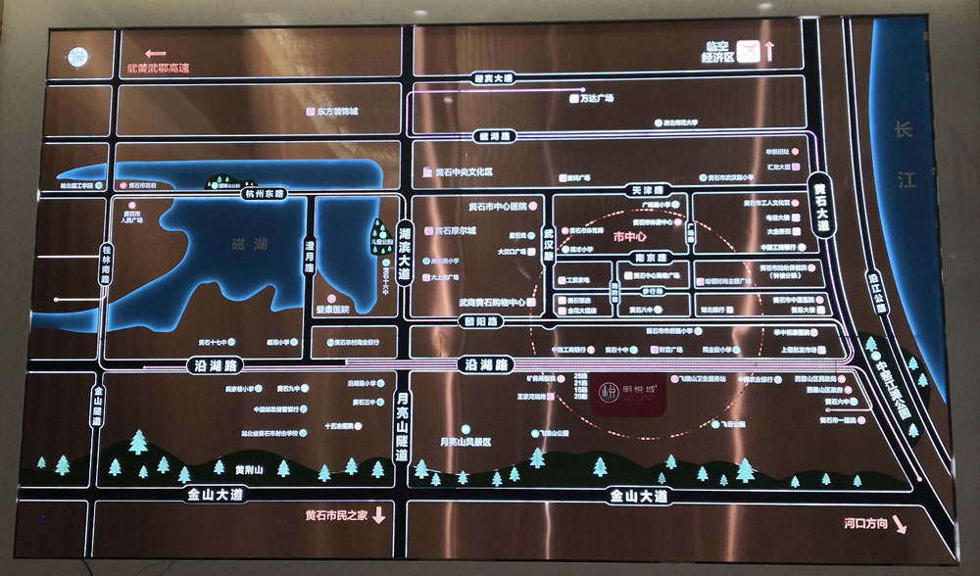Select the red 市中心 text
click(631, 236)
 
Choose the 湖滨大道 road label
click(405, 241)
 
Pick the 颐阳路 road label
click(480, 320)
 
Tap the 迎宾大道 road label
click(493, 77)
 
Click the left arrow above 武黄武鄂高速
click(155, 54)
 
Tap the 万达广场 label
click(596, 99)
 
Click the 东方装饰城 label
click(337, 112)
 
